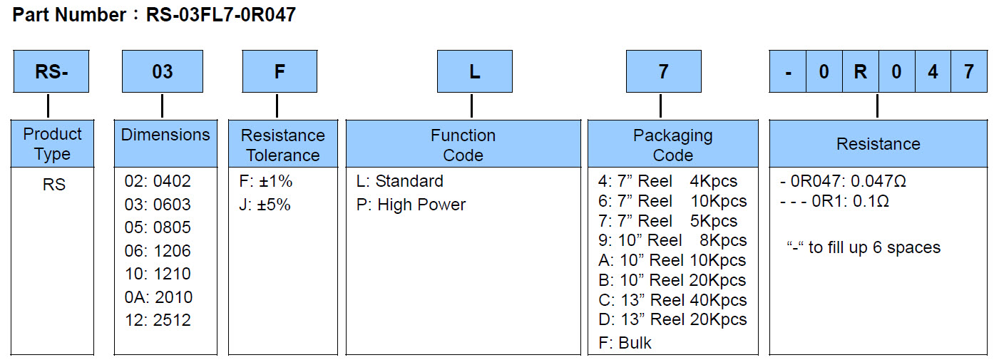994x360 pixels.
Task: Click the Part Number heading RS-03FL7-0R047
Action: pyautogui.click(x=154, y=15)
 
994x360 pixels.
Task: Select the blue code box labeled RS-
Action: pyautogui.click(x=51, y=71)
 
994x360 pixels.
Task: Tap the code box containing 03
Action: pyautogui.click(x=163, y=71)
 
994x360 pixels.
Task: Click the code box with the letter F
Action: pyautogui.click(x=280, y=71)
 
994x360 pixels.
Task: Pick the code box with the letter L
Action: pyautogui.click(x=474, y=71)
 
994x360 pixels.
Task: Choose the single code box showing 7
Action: pyautogui.click(x=663, y=71)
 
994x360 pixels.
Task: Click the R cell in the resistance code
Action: pyautogui.click(x=861, y=72)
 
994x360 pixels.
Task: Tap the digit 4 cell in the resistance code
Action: pyautogui.click(x=933, y=72)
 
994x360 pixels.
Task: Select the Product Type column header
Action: pyautogui.click(x=53, y=143)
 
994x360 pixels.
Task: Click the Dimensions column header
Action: pyautogui.click(x=165, y=135)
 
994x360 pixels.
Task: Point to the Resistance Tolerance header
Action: pyautogui.click(x=282, y=145)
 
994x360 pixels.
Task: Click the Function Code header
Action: pyautogui.click(x=463, y=145)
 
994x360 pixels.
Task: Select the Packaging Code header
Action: pyautogui.click(x=672, y=145)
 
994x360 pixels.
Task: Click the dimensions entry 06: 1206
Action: pyautogui.click(x=158, y=251)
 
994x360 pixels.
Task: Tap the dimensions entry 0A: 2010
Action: pyautogui.click(x=158, y=297)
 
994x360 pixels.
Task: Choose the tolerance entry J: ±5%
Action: pyautogui.click(x=265, y=205)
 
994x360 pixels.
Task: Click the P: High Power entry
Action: pyautogui.click(x=411, y=205)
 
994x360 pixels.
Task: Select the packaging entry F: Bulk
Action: pyautogui.click(x=625, y=343)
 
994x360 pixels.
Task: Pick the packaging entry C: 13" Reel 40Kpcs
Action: pyautogui.click(x=672, y=300)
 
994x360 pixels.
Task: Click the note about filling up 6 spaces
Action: pyautogui.click(x=863, y=247)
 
